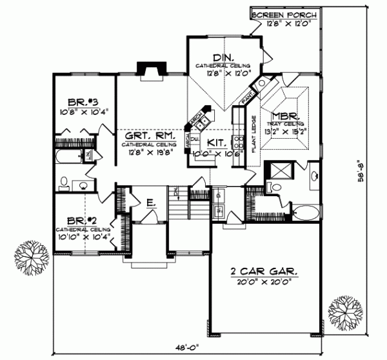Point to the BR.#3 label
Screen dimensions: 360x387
[x=83, y=102]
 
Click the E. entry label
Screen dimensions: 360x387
[x=150, y=203]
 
